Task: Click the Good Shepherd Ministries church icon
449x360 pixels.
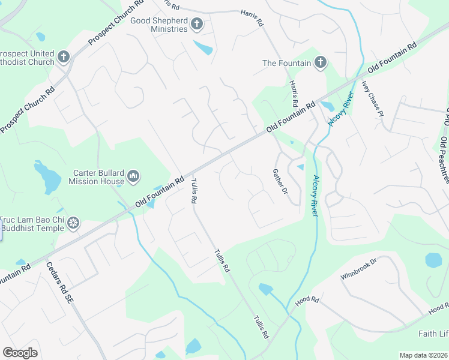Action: tap(196, 24)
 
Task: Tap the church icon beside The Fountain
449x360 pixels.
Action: tap(321, 62)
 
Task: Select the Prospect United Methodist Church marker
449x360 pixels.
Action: tap(63, 58)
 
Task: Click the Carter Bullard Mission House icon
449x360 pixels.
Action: tap(133, 176)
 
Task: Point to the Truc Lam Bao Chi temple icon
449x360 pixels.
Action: tap(73, 223)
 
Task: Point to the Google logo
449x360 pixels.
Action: tap(20, 353)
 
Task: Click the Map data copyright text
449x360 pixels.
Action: tap(423, 355)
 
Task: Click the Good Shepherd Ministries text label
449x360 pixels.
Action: tap(160, 24)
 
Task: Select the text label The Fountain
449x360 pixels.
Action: tap(287, 63)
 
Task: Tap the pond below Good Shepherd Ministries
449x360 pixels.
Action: tap(203, 47)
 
